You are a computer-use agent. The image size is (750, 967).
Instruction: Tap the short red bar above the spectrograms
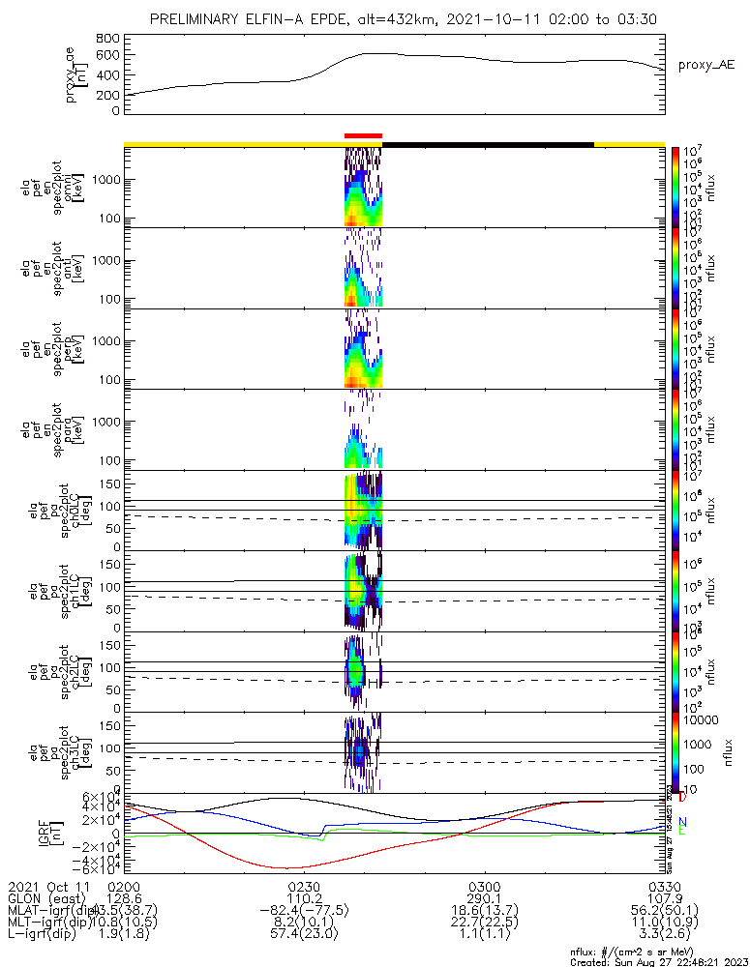click(x=364, y=136)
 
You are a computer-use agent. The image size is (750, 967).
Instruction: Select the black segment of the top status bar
click(x=488, y=144)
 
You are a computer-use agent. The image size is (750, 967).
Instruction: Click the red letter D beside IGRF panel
click(x=683, y=798)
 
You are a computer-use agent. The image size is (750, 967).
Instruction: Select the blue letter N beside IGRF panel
click(x=682, y=821)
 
